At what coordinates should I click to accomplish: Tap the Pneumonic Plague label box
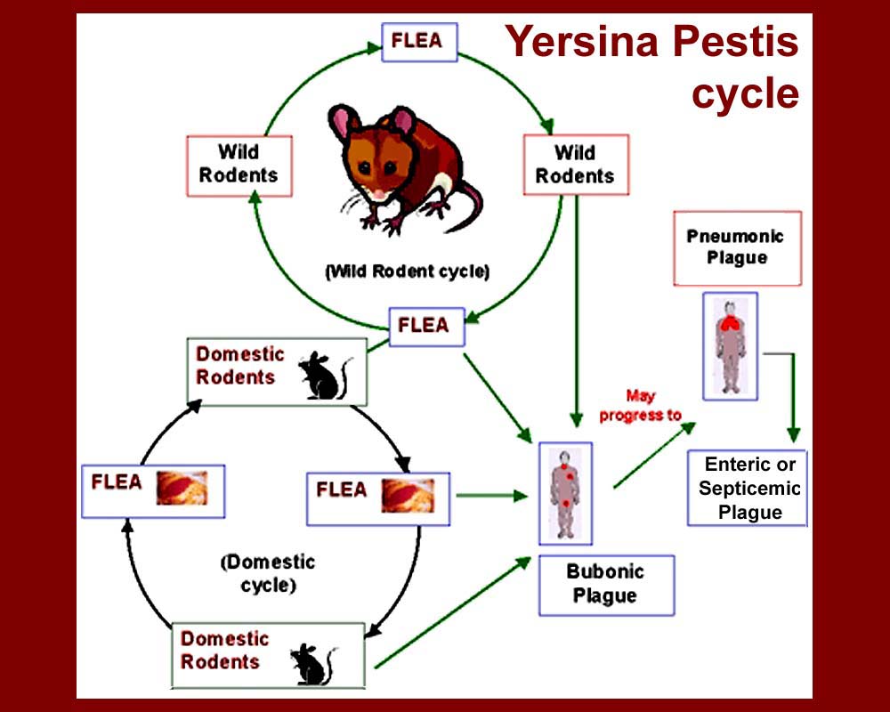(x=737, y=247)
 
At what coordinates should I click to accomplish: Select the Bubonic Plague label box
(x=606, y=585)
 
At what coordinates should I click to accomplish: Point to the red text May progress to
(x=640, y=406)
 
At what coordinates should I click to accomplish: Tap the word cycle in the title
(x=745, y=93)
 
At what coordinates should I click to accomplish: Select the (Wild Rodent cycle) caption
(x=407, y=271)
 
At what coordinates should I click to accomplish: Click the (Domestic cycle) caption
(x=268, y=574)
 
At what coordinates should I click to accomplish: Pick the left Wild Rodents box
(x=239, y=165)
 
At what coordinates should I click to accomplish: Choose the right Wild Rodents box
(x=575, y=165)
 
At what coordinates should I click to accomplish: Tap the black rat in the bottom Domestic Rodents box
(x=311, y=663)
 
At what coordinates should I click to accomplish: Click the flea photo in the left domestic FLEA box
(x=182, y=489)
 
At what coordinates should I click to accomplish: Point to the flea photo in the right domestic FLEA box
(x=408, y=495)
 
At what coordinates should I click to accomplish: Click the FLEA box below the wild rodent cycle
(x=426, y=326)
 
